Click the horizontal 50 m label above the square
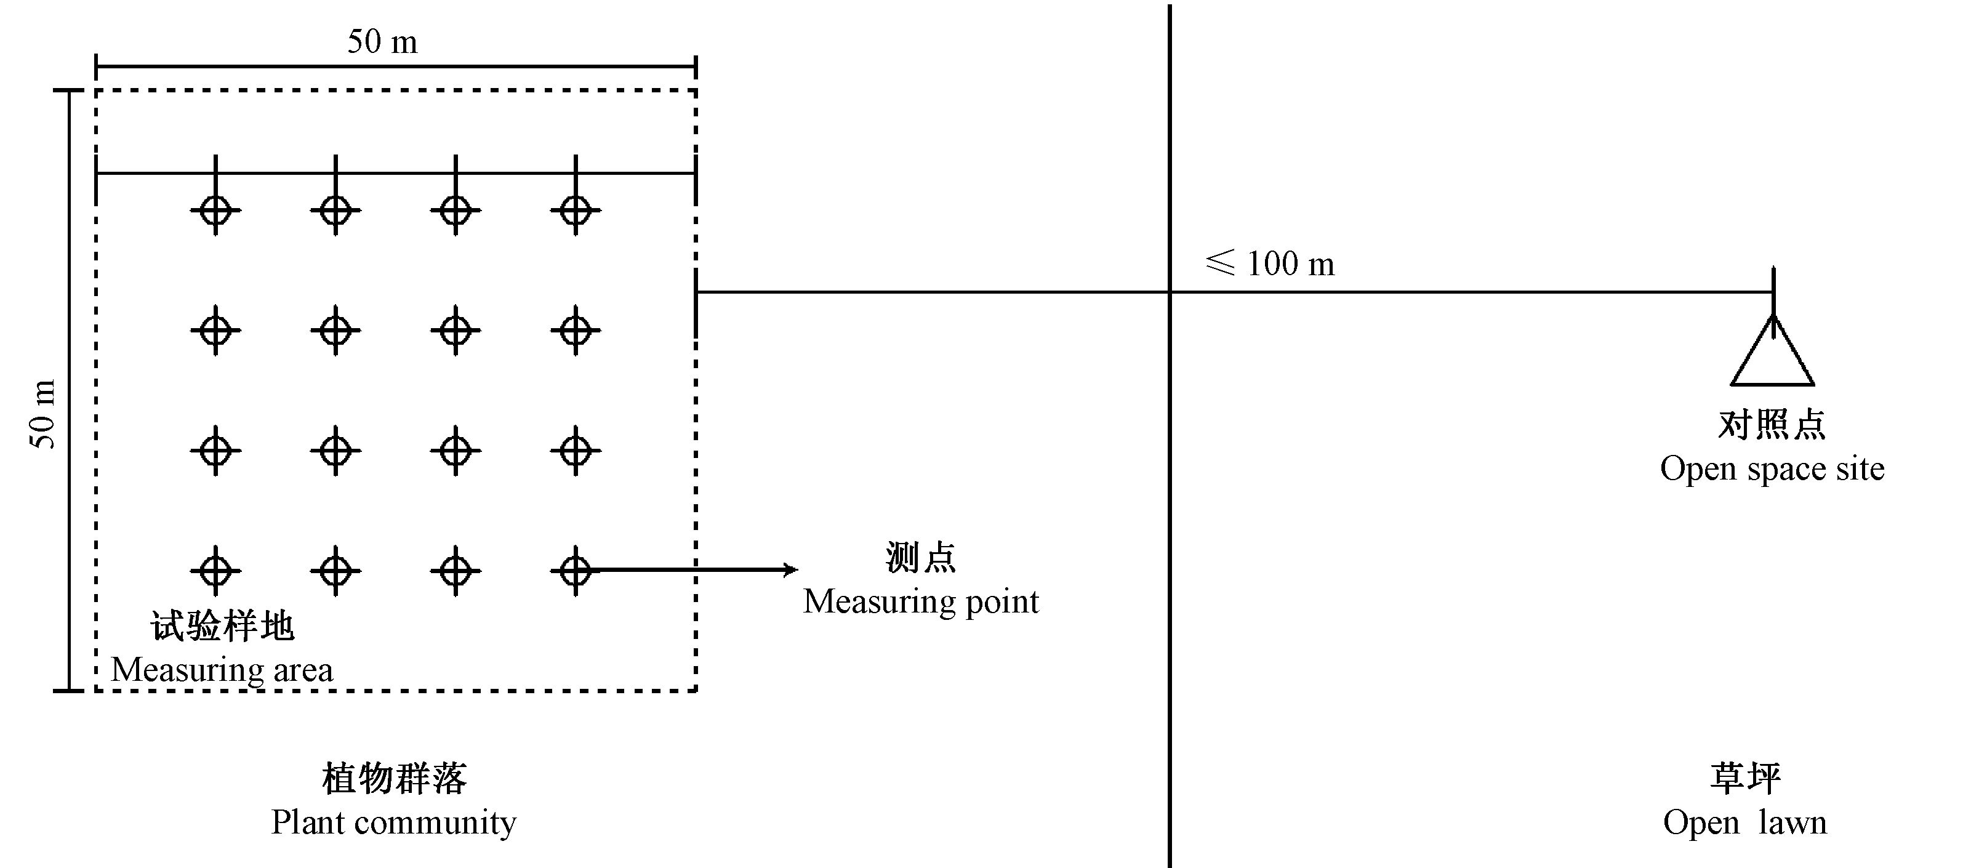[382, 42]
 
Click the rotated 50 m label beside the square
[44, 414]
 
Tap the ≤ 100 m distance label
[1271, 263]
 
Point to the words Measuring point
[920, 602]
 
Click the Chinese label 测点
[920, 558]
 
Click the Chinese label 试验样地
[222, 627]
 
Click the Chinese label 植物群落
[394, 779]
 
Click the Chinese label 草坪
[1745, 779]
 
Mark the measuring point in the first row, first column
[215, 211]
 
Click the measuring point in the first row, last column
[576, 211]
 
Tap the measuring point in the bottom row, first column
[215, 570]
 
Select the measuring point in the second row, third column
[456, 331]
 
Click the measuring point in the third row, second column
[335, 451]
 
